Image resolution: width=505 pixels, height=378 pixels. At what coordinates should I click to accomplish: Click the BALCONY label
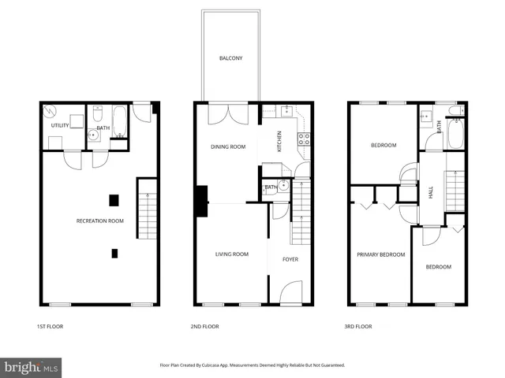[x=230, y=58]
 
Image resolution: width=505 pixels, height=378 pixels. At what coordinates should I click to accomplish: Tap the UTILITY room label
[x=61, y=125]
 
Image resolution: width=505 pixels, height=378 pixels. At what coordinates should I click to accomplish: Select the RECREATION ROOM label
[x=99, y=220]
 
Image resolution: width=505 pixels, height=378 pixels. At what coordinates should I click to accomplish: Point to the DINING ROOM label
[x=227, y=146]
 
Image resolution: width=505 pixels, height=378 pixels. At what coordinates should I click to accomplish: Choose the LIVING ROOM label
[x=232, y=254]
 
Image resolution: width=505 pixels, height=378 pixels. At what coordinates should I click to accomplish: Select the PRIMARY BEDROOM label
[x=380, y=254]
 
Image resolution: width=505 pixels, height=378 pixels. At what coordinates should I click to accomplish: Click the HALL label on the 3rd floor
[x=431, y=191]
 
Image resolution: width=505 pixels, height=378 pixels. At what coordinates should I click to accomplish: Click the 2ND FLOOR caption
[x=205, y=326]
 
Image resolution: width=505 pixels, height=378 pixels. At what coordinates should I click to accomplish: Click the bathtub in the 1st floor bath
[x=118, y=124]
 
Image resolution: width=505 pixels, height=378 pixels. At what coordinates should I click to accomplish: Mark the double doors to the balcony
[x=227, y=113]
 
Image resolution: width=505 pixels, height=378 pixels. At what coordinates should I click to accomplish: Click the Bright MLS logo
[x=32, y=367]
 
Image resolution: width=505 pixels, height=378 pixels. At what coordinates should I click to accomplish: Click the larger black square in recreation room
[x=114, y=199]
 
